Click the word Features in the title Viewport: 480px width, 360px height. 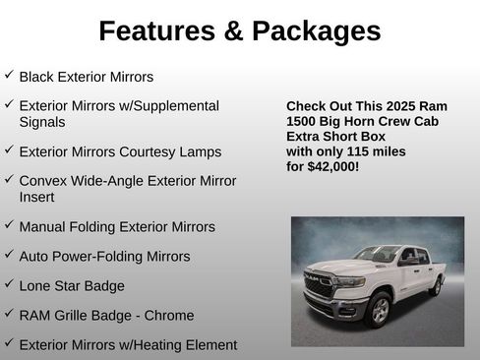[154, 31]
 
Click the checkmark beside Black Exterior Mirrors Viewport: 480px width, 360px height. [9, 75]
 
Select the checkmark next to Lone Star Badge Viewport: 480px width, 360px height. [9, 285]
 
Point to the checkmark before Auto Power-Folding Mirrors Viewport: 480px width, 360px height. [9, 256]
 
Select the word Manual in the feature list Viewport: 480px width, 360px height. [43, 226]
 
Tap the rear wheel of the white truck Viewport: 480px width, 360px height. [435, 286]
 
